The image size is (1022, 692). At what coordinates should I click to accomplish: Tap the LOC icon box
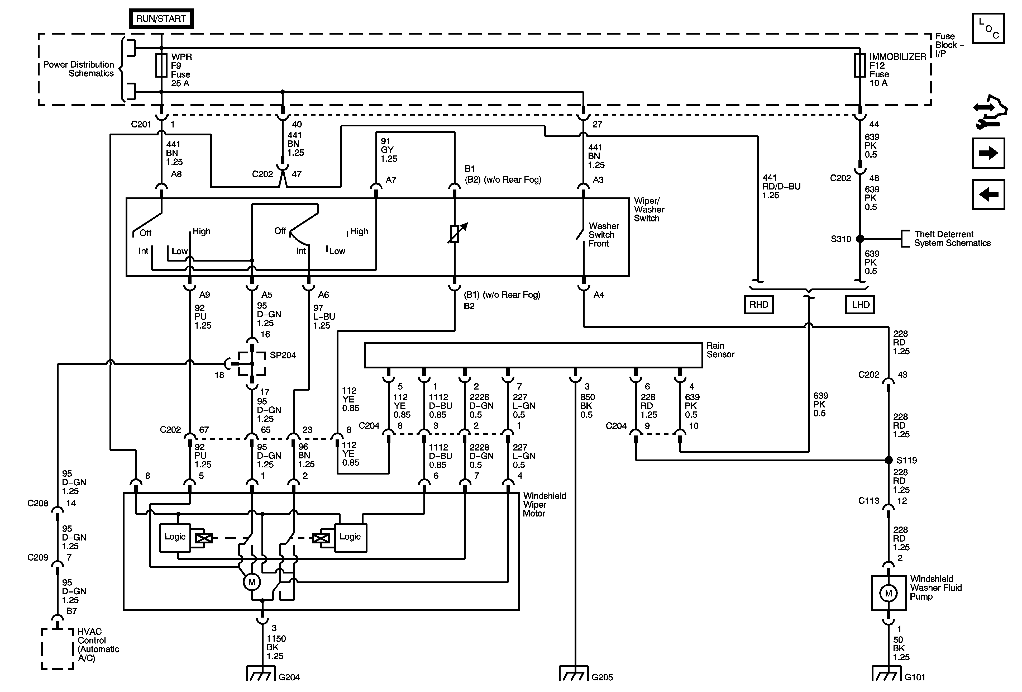click(988, 29)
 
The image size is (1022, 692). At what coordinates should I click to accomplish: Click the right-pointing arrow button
click(988, 153)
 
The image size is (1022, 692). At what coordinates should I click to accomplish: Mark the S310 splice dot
click(860, 239)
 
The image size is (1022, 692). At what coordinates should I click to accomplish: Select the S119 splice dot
click(888, 460)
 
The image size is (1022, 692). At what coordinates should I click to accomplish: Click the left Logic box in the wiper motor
click(175, 537)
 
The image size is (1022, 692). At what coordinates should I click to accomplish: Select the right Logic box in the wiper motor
click(351, 537)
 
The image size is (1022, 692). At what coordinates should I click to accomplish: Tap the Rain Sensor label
click(720, 350)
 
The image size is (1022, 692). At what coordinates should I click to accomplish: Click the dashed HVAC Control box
click(58, 649)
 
